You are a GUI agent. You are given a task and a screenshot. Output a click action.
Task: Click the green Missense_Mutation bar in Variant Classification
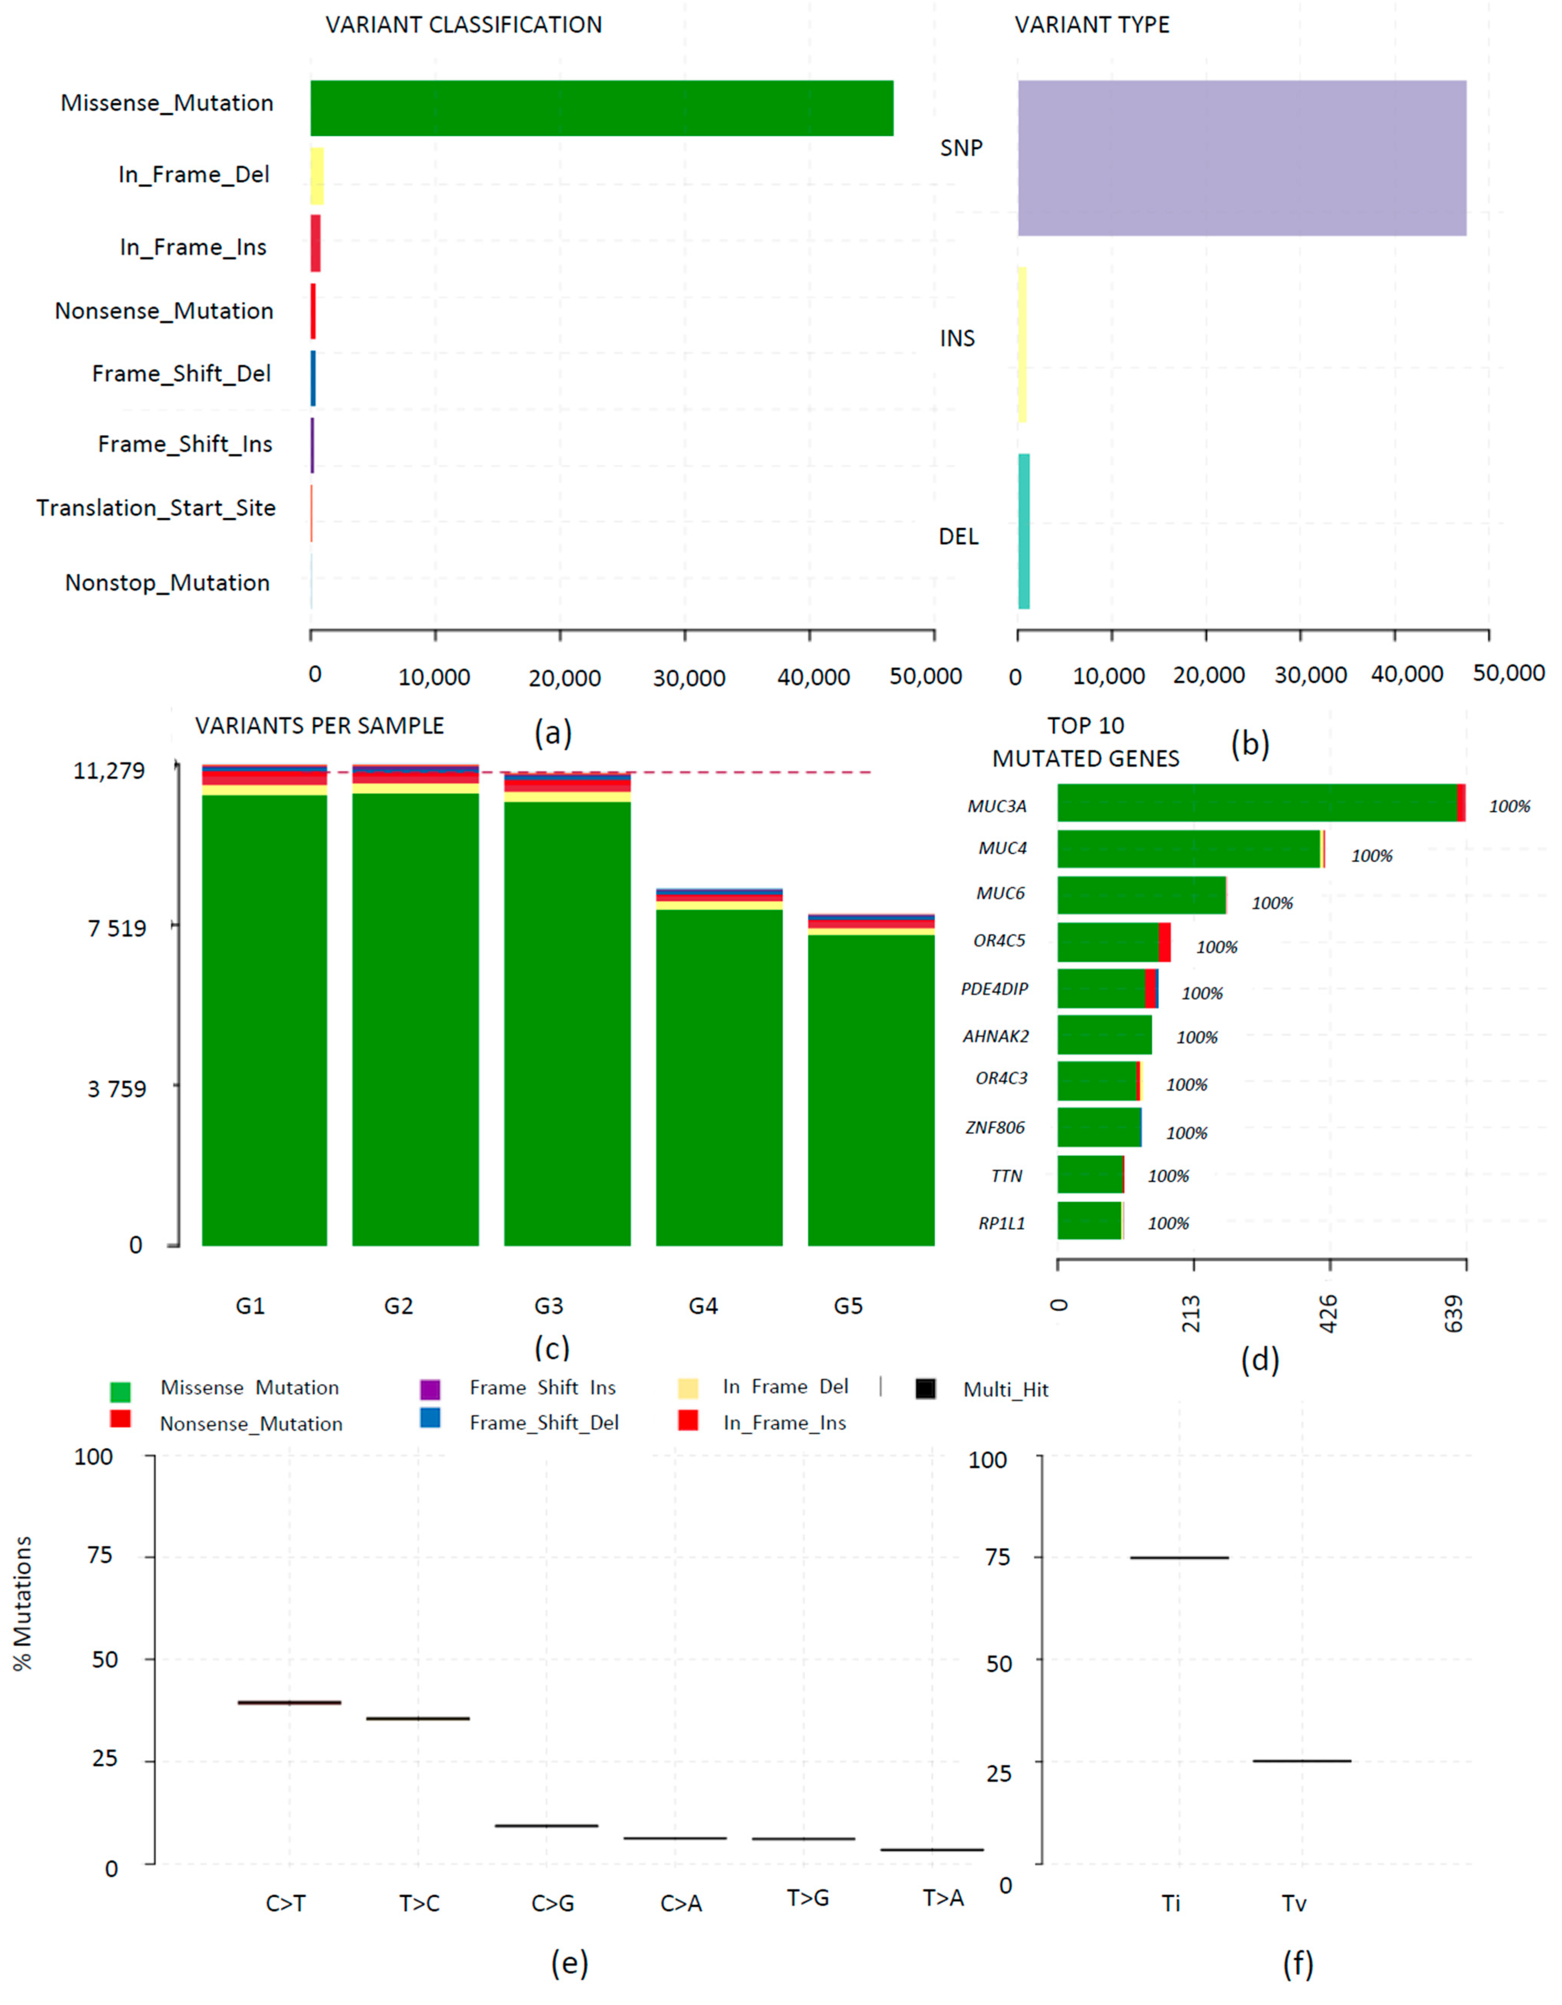601,108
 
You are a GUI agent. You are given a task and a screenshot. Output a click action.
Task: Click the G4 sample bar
719,1070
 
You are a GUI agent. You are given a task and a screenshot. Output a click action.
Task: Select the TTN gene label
1006,1176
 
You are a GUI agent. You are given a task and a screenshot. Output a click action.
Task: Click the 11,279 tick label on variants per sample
109,770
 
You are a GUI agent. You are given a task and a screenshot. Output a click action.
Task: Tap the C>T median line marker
289,1703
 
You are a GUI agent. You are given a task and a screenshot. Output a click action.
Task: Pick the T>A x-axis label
943,1898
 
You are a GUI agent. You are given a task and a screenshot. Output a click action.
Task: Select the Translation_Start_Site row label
156,508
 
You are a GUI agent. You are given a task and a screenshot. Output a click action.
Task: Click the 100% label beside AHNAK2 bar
1197,1038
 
